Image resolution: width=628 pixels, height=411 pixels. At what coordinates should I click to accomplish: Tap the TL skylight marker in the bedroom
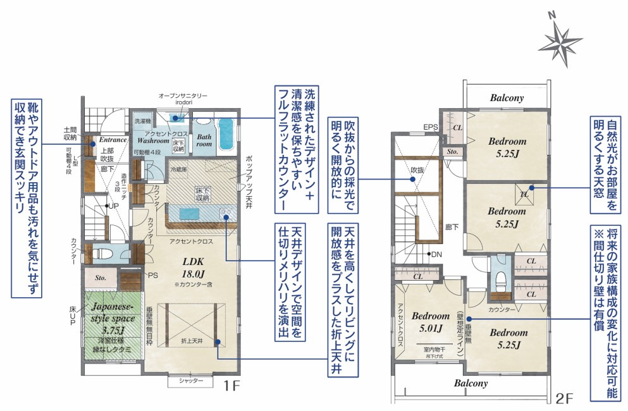pyautogui.click(x=524, y=194)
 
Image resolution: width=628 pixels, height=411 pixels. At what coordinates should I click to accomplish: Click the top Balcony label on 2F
pyautogui.click(x=507, y=98)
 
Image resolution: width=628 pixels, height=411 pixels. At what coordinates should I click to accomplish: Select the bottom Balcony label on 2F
pyautogui.click(x=471, y=383)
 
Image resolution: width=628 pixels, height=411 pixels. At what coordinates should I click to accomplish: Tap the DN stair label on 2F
pyautogui.click(x=435, y=254)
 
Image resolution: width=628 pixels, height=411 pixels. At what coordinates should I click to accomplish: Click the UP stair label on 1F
pyautogui.click(x=113, y=206)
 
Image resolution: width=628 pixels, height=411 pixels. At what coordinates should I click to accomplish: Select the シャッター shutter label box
pyautogui.click(x=190, y=381)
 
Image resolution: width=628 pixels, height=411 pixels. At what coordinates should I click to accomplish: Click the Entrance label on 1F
pyautogui.click(x=113, y=140)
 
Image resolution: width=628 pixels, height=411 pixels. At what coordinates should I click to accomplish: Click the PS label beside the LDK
pyautogui.click(x=152, y=276)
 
